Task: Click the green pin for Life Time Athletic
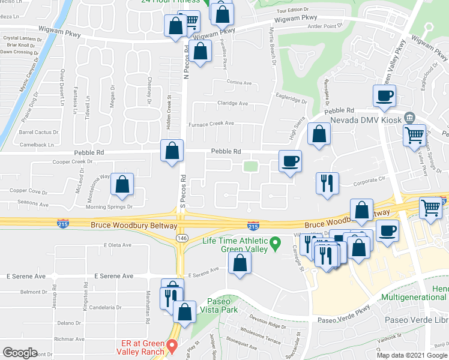point(276,243)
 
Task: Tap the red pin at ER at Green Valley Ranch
point(172,346)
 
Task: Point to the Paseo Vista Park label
point(218,305)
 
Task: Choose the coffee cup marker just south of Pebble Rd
point(290,161)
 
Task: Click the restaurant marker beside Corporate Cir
point(328,183)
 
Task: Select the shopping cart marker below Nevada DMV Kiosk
point(414,136)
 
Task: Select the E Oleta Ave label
point(117,245)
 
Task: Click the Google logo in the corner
point(20,352)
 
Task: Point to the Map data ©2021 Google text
point(412,355)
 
